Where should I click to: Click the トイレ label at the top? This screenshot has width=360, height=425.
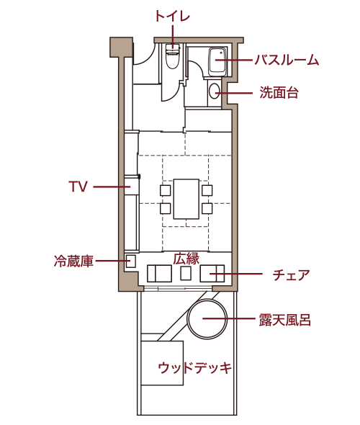172,16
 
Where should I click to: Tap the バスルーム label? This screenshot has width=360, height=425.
287,60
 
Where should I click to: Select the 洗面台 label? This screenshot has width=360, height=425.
279,92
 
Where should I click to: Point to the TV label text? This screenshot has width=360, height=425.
78,187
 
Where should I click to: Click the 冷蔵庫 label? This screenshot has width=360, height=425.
73,261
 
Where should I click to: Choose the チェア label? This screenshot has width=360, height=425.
291,274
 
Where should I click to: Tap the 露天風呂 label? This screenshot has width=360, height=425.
284,320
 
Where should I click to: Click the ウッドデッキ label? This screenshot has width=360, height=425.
195,368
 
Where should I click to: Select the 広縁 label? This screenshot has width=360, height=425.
186,259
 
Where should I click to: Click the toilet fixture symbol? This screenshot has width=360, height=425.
173,56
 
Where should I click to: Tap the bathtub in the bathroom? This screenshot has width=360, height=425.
217,61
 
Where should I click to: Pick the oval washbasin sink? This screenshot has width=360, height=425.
215,91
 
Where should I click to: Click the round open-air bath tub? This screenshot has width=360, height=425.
207,318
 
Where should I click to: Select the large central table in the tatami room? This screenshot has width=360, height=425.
186,199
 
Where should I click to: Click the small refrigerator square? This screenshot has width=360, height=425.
130,261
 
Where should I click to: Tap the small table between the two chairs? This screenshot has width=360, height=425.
186,273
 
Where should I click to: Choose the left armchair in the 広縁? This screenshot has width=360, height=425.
159,273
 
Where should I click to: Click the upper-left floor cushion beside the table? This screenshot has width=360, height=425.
165,190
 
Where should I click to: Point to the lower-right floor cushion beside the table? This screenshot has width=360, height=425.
207,208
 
